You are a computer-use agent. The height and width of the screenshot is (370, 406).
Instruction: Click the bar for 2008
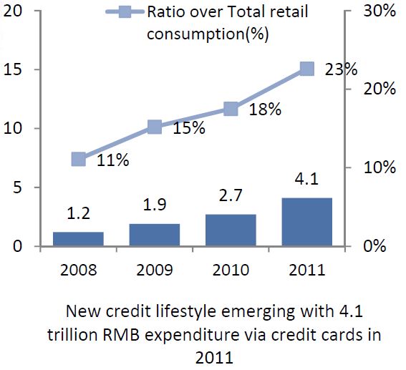(78, 239)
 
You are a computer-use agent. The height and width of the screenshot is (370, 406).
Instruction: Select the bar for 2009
(155, 235)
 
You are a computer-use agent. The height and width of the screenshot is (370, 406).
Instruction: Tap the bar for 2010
(231, 230)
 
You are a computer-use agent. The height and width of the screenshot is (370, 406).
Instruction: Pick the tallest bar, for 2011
(307, 222)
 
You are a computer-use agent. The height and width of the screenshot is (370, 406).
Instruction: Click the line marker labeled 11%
(79, 159)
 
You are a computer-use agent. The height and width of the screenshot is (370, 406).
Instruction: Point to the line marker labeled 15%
(155, 127)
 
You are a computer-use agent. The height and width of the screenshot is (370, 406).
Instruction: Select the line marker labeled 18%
(231, 108)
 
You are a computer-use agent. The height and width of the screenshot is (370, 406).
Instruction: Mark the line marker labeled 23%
(307, 69)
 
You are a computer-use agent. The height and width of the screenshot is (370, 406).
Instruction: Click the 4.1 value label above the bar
(307, 179)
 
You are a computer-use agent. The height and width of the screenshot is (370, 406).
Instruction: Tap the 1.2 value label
(79, 213)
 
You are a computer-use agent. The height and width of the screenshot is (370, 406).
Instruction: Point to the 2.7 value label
(231, 195)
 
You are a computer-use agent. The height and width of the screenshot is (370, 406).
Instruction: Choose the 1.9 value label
(155, 205)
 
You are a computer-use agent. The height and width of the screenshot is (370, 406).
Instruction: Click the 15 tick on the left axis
(12, 69)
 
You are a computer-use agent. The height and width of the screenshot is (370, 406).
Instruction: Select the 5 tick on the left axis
(17, 188)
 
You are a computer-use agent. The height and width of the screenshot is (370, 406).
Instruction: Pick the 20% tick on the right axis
(380, 89)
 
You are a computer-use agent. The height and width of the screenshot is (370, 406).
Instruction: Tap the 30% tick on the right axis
(380, 11)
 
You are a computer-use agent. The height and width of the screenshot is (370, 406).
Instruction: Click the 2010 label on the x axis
(231, 270)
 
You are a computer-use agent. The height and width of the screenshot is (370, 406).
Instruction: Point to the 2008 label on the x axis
(79, 270)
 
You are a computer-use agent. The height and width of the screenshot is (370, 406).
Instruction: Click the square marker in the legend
(125, 11)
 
